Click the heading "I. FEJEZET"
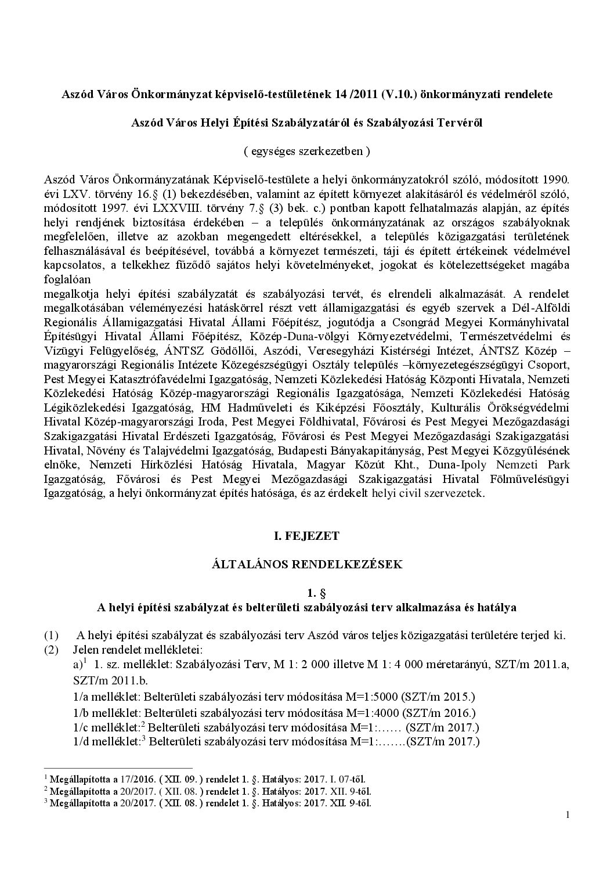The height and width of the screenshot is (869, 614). pyautogui.click(x=306, y=536)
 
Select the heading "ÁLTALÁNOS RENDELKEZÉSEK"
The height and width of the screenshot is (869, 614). pyautogui.click(x=306, y=564)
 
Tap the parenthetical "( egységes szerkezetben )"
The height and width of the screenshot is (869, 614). pyautogui.click(x=306, y=151)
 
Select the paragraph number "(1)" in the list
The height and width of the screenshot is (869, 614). pyautogui.click(x=51, y=635)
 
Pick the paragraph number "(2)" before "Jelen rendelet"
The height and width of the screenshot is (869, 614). pyautogui.click(x=51, y=649)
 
